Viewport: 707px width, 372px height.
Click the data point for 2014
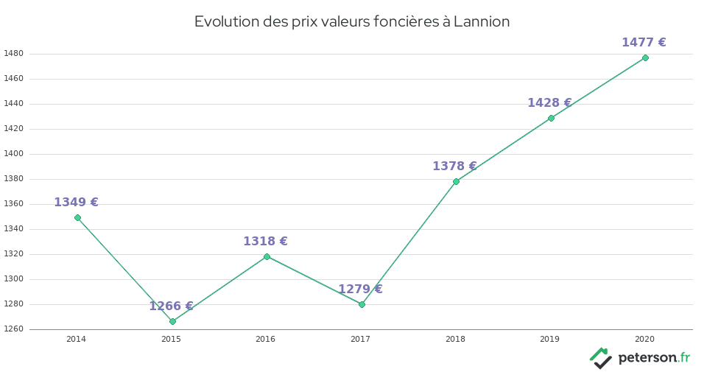pos(77,217)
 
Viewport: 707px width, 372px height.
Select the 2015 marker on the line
pos(172,321)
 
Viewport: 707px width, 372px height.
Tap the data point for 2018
pos(456,181)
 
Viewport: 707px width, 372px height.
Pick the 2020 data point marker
pos(645,57)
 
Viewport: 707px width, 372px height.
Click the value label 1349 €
pos(76,203)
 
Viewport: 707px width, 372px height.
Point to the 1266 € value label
pos(171,306)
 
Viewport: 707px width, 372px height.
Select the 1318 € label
pos(265,242)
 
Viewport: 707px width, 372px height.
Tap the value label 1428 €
pos(549,103)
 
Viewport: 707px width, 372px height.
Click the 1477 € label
pos(644,43)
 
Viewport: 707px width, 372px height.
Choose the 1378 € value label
pos(454,166)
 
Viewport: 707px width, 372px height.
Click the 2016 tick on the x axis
pos(265,339)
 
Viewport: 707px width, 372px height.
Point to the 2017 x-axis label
pos(360,339)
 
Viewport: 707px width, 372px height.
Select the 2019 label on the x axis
pos(549,339)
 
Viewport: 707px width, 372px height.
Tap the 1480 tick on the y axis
pos(13,54)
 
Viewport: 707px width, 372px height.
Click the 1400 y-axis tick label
pos(13,154)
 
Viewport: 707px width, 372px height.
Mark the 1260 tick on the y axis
pos(13,329)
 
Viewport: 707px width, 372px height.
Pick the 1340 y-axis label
pos(13,229)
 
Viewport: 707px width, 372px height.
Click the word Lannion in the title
pos(482,21)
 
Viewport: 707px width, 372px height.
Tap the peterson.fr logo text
pos(653,358)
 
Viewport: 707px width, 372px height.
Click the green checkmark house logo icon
pos(601,358)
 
